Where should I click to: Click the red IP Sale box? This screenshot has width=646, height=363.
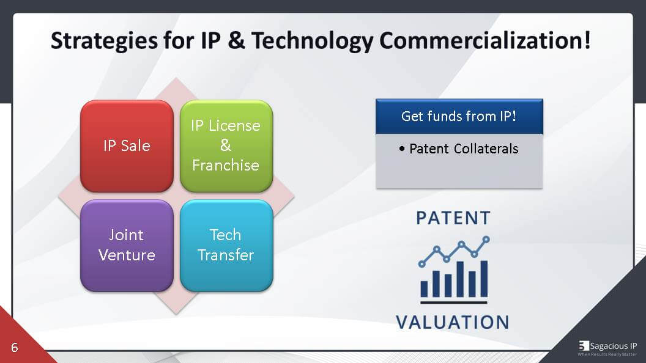coord(127,145)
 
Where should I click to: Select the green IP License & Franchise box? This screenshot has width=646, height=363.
coord(226,145)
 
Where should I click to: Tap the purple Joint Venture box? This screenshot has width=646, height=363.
coord(127,245)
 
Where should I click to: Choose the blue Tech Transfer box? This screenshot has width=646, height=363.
coord(226,245)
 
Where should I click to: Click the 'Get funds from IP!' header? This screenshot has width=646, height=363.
coord(459,116)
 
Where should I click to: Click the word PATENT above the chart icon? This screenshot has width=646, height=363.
coord(453,218)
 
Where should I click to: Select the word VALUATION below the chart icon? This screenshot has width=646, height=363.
coord(452,322)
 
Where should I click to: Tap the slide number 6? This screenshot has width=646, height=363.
coord(14,348)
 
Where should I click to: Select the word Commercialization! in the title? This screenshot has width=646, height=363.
coord(485,41)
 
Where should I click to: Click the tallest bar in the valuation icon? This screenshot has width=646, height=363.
coord(484,278)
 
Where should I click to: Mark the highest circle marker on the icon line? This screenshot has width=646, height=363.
coord(486,240)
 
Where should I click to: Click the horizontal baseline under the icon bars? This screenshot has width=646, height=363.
coord(453,301)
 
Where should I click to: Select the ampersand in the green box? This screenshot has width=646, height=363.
coord(226,145)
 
